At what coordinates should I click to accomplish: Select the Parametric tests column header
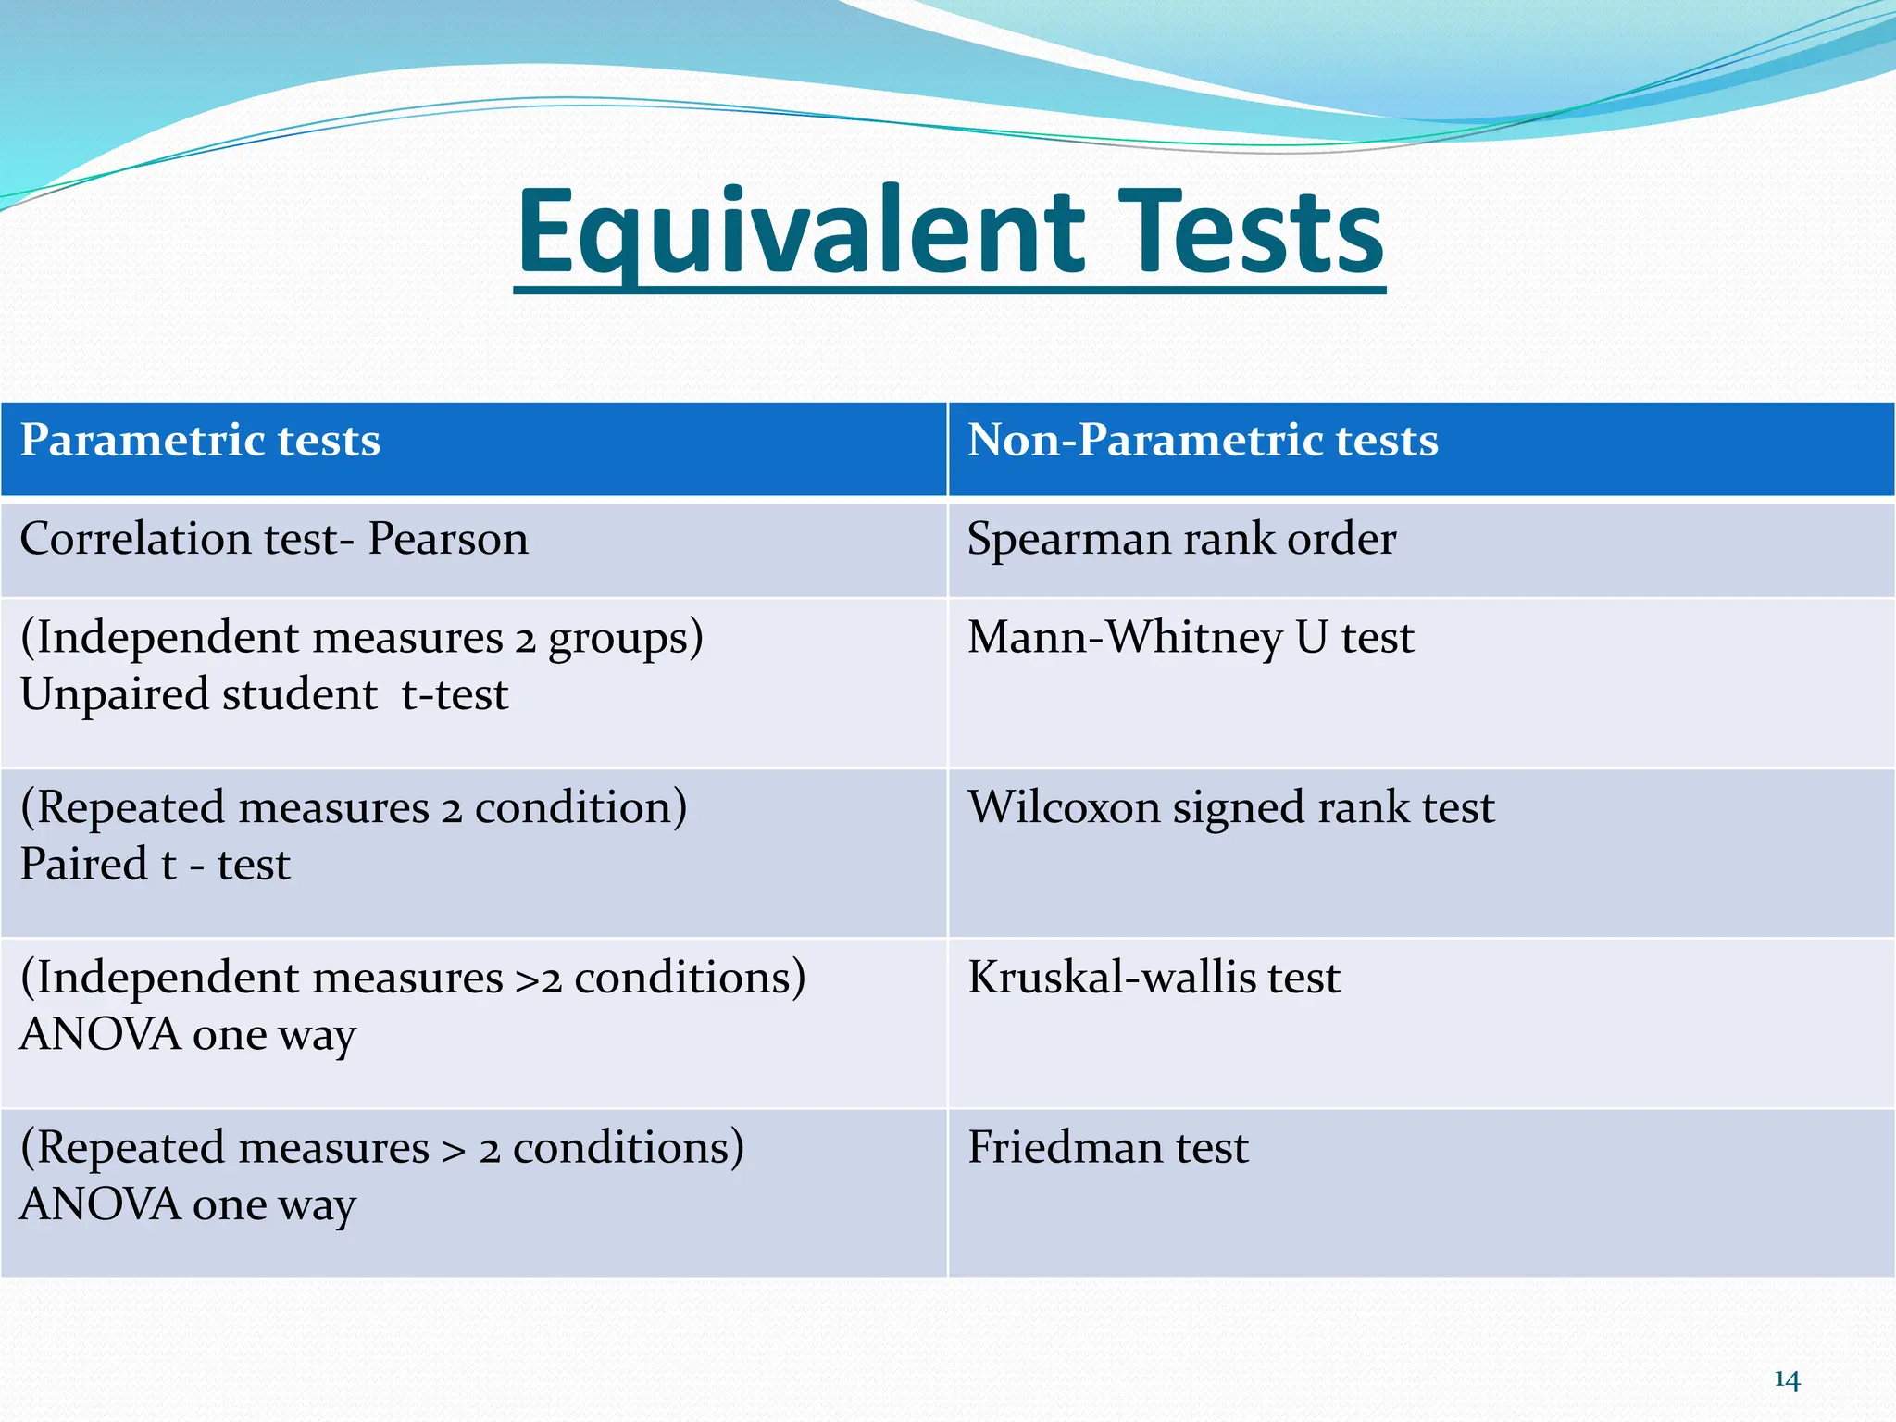pyautogui.click(x=200, y=440)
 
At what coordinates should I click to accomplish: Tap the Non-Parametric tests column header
pyautogui.click(x=1203, y=440)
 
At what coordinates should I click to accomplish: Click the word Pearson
pyautogui.click(x=448, y=539)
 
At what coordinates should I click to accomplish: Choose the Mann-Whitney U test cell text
pyautogui.click(x=1191, y=637)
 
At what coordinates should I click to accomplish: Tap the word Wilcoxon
pyautogui.click(x=1064, y=807)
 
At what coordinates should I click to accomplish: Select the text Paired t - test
pyautogui.click(x=155, y=865)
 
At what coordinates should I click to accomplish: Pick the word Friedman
pyautogui.click(x=1065, y=1147)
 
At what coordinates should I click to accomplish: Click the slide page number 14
pyautogui.click(x=1787, y=1380)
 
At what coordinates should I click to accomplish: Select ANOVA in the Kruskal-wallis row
pyautogui.click(x=100, y=1035)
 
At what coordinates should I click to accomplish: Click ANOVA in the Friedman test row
pyautogui.click(x=100, y=1205)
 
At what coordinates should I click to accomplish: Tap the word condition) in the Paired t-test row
pyautogui.click(x=580, y=807)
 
